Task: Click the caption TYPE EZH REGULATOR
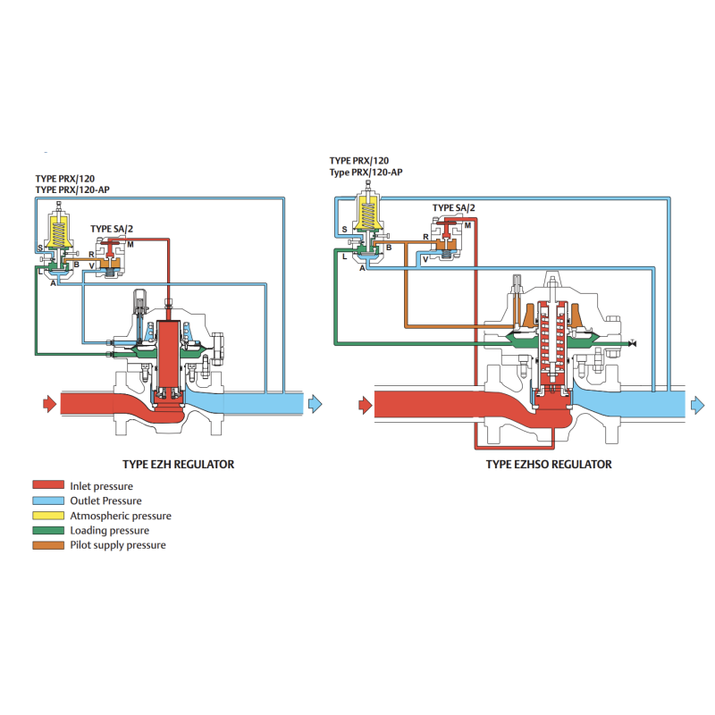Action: [178, 465]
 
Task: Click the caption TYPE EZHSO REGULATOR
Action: [549, 465]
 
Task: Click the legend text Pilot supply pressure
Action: [117, 545]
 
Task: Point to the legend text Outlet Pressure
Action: [105, 500]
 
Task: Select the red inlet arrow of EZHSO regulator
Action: [364, 405]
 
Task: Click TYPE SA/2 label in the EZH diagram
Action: [113, 229]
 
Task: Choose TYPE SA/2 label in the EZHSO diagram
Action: [454, 208]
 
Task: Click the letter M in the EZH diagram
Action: [130, 244]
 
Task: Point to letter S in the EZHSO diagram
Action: [345, 230]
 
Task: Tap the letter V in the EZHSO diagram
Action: [425, 257]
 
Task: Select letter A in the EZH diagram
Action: [53, 282]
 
